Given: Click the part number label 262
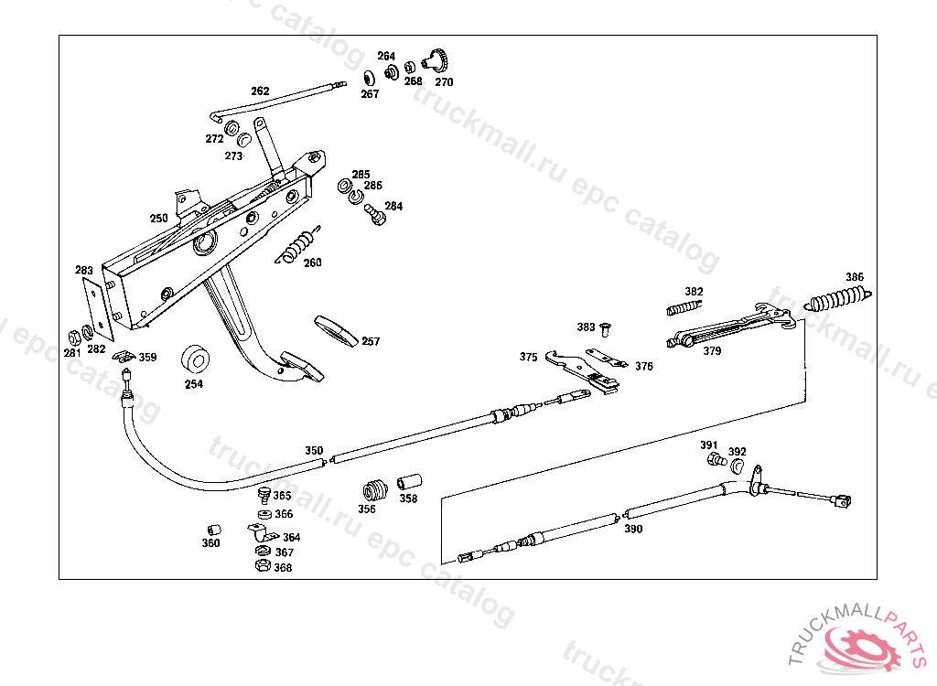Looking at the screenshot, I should point(260,91).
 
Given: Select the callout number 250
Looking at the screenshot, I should point(159,219).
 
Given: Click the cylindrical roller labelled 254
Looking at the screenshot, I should point(195,359).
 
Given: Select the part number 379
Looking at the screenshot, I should point(712,349).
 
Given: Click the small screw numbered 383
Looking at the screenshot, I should point(606,327).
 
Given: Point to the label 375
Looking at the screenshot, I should point(528,358).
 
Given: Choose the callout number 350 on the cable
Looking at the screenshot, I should point(314,450).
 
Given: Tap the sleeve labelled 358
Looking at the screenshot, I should point(407,481).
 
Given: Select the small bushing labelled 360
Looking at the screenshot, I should point(211,530).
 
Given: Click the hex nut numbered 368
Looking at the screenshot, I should point(260,566).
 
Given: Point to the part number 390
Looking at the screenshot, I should point(633,529).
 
